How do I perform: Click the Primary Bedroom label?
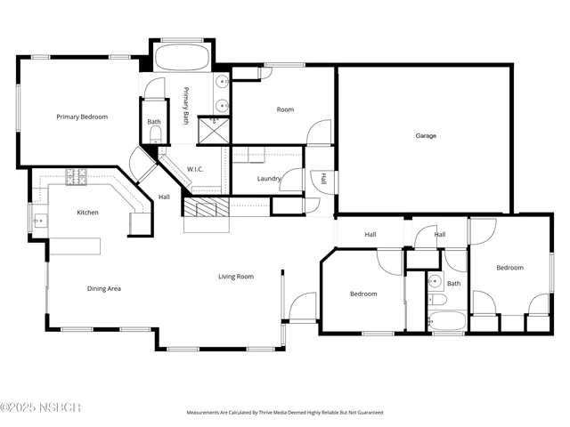pos(82,117)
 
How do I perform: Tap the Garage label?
pos(426,136)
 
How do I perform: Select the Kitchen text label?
pos(87,213)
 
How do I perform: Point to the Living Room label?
pos(236,277)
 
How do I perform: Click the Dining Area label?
pos(103,288)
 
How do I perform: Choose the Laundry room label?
pos(268,179)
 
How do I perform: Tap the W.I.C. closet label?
pos(196,169)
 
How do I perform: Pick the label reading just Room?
pos(285,109)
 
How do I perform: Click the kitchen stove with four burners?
pos(76,177)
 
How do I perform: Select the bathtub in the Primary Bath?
pos(183,59)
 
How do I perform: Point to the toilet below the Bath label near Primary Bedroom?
pos(155,135)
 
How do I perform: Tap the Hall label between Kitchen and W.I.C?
pos(164,197)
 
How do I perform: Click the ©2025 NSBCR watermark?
pos(41,407)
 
